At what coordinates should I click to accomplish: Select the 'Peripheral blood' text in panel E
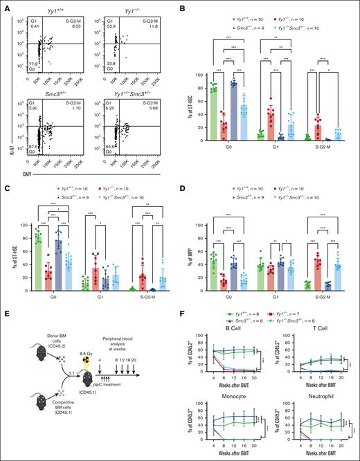pos(123,324)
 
